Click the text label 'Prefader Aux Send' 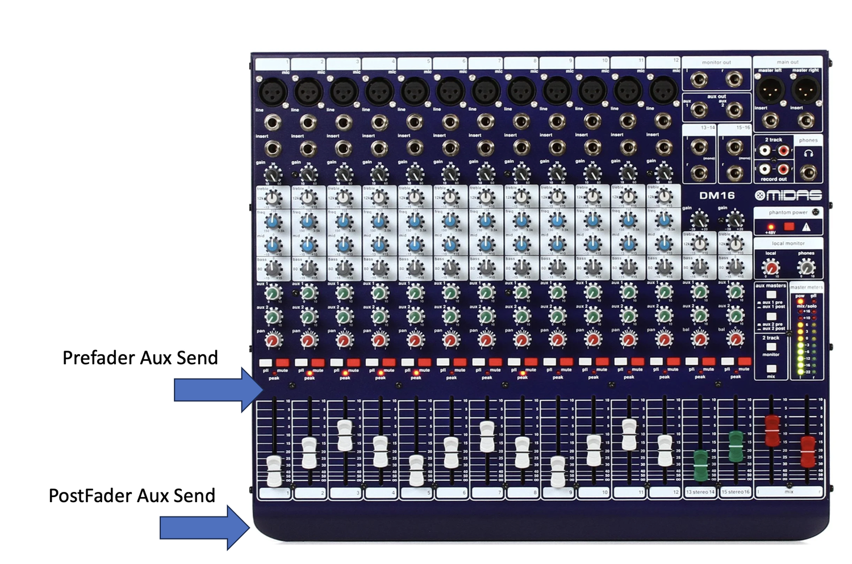click(140, 357)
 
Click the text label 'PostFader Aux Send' click(132, 495)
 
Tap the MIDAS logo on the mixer click(788, 195)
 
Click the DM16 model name click(717, 195)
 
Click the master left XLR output click(770, 89)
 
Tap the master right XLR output click(805, 89)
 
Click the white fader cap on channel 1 click(274, 470)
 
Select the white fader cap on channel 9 click(558, 472)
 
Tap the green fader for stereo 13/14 click(701, 465)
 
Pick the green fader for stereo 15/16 click(736, 445)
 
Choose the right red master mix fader click(808, 451)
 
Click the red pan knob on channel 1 click(273, 340)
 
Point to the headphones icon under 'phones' click(808, 153)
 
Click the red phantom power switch click(789, 226)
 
